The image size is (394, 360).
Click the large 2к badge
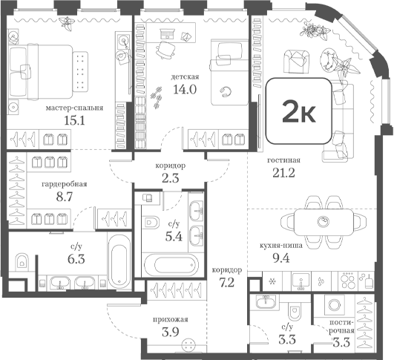click(299, 111)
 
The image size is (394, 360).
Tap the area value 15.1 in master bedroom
click(74, 121)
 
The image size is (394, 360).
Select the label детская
click(185, 76)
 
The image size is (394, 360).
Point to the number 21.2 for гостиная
click(283, 173)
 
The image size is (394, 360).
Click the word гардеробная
click(65, 184)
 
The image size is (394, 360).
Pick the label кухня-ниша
click(281, 246)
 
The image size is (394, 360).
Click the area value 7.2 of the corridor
click(227, 283)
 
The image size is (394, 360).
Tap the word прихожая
click(171, 320)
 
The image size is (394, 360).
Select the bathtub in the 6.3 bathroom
click(119, 261)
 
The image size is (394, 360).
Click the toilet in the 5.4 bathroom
click(151, 222)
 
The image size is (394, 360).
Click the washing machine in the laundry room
click(334, 305)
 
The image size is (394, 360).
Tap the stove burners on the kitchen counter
click(347, 281)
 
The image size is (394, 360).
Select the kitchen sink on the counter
click(301, 281)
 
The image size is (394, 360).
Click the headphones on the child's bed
click(225, 91)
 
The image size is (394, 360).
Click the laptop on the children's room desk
click(167, 33)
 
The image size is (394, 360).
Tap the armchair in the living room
click(295, 61)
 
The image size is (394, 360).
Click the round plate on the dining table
click(323, 222)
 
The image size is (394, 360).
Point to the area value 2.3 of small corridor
click(171, 178)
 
